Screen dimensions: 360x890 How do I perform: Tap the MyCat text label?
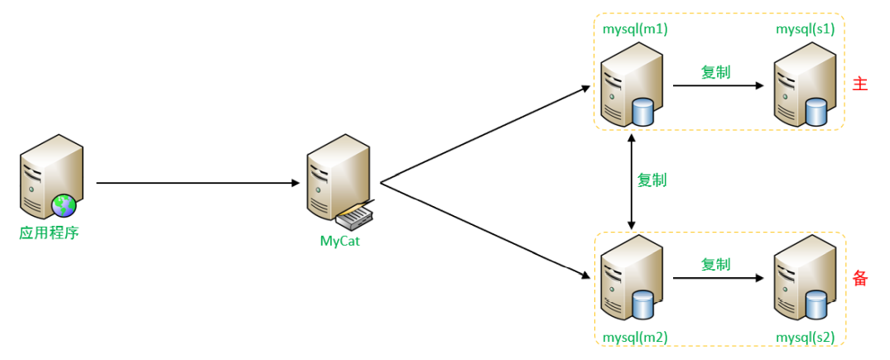click(340, 242)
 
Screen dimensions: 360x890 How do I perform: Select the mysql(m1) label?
click(635, 29)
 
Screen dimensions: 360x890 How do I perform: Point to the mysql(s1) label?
click(805, 29)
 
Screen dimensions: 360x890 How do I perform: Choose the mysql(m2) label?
click(635, 338)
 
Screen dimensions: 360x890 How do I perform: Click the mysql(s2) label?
click(805, 338)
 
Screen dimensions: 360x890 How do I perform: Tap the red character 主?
click(860, 84)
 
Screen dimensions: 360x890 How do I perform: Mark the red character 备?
click(860, 279)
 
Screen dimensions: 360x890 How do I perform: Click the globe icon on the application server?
click(63, 205)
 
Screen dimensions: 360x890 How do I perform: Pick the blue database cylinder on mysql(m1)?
click(642, 112)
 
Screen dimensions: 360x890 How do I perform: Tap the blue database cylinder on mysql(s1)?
click(815, 112)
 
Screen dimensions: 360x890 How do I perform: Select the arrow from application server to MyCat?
click(199, 183)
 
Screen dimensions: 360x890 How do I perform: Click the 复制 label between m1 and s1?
click(715, 72)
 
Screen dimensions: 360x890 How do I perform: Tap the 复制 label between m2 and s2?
click(715, 265)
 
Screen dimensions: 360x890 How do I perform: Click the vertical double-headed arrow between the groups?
click(633, 182)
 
